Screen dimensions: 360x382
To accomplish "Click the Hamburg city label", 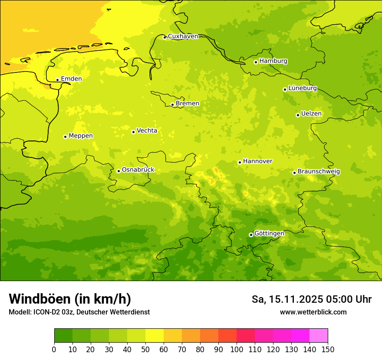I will [273, 61].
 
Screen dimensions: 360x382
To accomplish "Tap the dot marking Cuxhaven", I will [165, 37].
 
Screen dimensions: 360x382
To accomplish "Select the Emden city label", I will [71, 79].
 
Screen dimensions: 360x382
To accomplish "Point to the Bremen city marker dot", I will [172, 105].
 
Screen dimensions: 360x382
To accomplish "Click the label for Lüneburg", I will [302, 88].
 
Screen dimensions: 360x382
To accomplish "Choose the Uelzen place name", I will [311, 114].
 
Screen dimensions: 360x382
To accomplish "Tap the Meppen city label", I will [80, 136].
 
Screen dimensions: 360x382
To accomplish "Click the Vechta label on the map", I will [147, 131].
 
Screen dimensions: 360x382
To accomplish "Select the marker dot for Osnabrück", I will [119, 171].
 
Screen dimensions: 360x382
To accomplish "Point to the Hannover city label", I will [257, 161].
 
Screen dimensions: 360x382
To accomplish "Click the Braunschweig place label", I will [319, 172].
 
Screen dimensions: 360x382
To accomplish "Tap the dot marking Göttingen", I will [251, 235].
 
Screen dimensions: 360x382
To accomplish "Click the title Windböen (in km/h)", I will [70, 299].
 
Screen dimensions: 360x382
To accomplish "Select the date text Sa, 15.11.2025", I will [288, 299].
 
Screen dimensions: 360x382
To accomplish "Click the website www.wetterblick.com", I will [313, 312].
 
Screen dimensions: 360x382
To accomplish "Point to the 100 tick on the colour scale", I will [237, 349].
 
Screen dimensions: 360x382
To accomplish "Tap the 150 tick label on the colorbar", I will [328, 349].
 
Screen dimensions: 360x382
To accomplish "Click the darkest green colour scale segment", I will [63, 335].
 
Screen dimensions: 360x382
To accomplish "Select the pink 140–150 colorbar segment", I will [319, 335].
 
